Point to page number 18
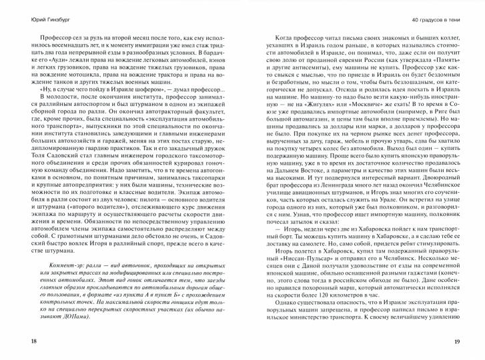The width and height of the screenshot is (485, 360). (15, 341)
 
